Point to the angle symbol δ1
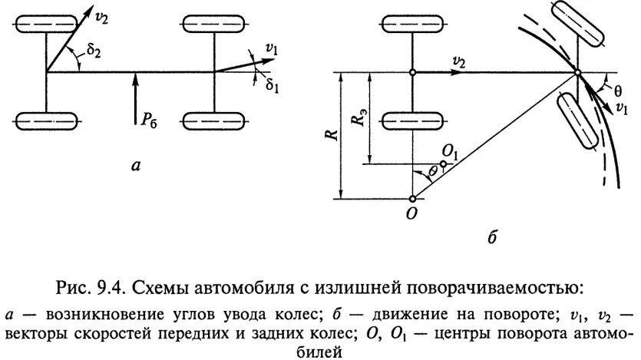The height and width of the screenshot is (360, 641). click(272, 85)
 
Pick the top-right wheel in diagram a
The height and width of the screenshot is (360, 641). click(214, 24)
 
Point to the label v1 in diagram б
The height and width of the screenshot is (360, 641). click(620, 108)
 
